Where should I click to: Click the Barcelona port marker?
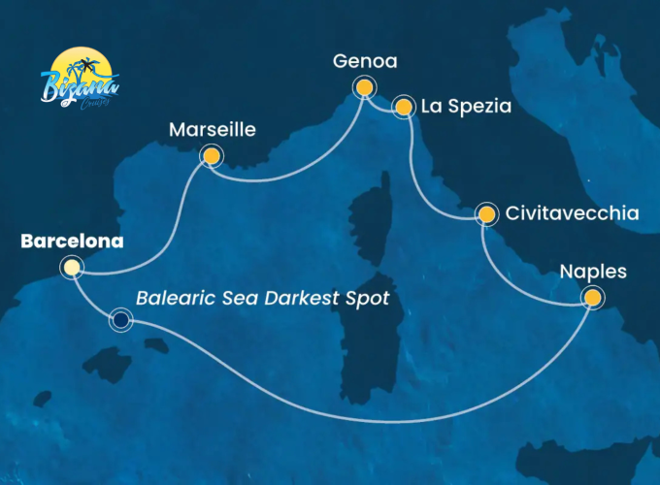tap(71, 267)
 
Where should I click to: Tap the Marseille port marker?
tap(210, 155)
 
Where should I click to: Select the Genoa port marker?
tap(364, 88)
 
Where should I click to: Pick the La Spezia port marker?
tap(403, 107)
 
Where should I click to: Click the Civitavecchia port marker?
tap(485, 213)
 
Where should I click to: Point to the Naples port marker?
tap(591, 298)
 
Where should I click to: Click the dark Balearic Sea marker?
tap(120, 319)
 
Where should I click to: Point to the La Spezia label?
tap(466, 107)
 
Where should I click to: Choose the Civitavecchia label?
tap(572, 213)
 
